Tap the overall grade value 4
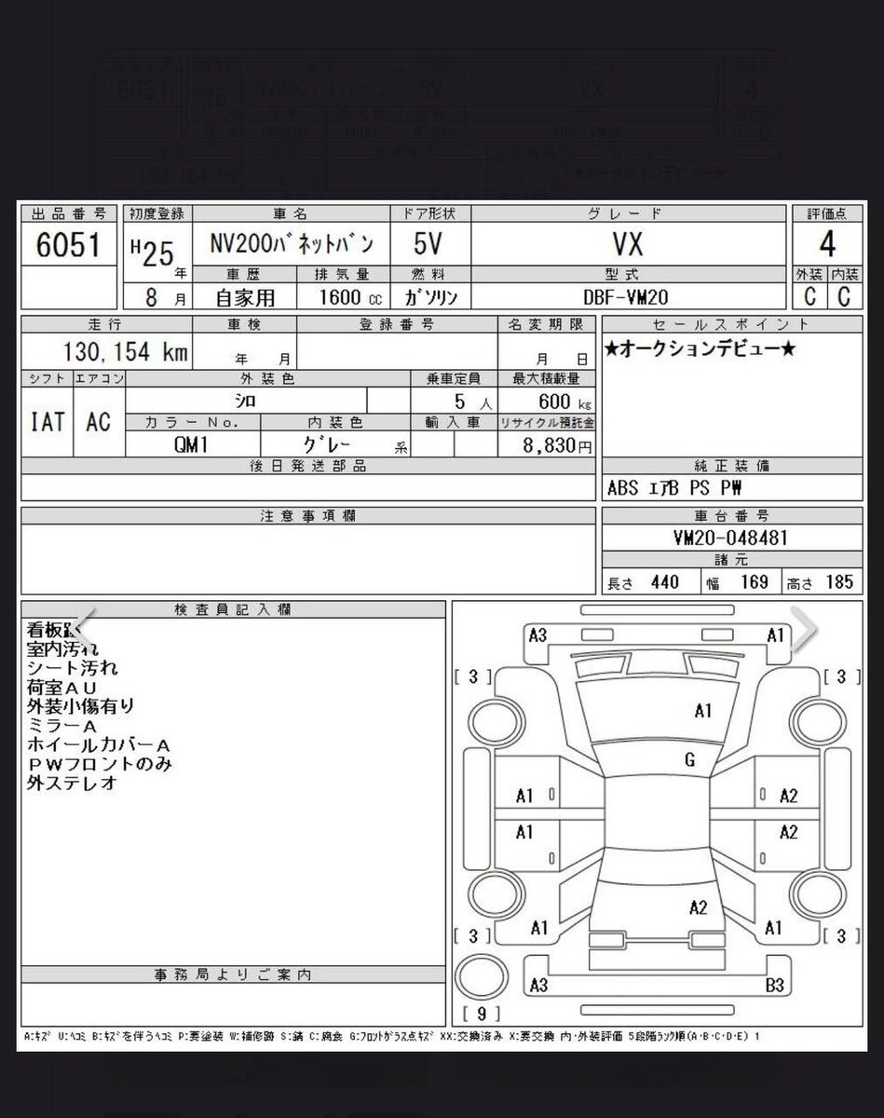point(826,244)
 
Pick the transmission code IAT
point(47,421)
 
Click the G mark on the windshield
point(689,760)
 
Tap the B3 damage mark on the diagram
point(773,985)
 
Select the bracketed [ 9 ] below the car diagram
point(482,1013)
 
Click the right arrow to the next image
point(802,631)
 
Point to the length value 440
point(664,582)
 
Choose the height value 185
point(838,582)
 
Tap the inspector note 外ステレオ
point(73,784)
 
